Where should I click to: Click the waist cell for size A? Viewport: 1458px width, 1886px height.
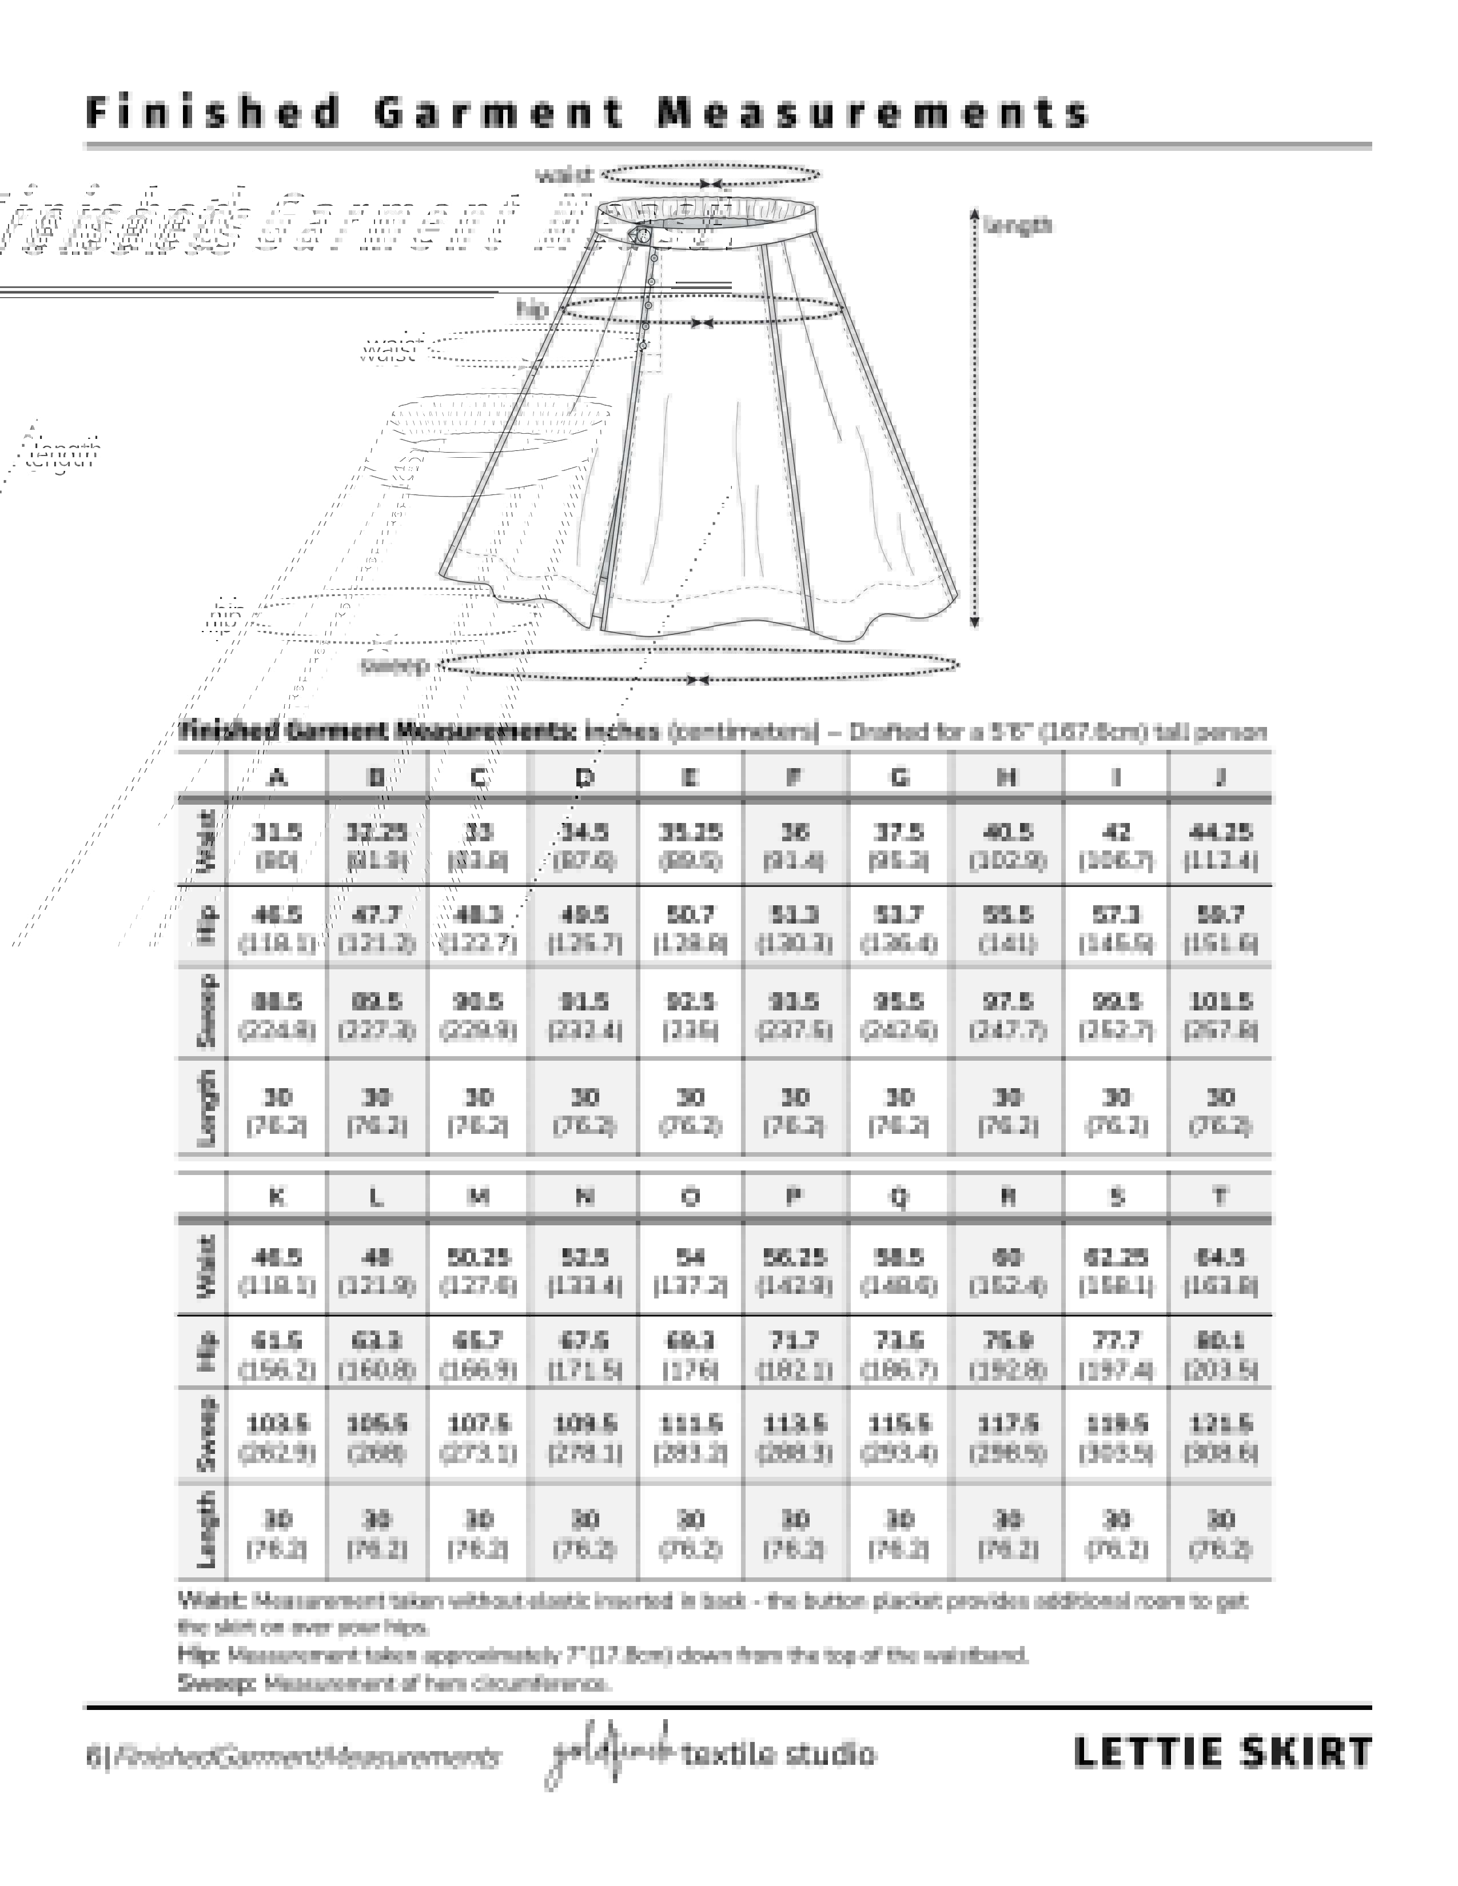click(x=276, y=845)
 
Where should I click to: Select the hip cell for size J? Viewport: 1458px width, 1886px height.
click(x=1220, y=928)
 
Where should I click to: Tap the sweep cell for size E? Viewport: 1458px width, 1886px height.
click(x=690, y=1016)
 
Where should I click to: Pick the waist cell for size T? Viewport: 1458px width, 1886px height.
click(x=1220, y=1270)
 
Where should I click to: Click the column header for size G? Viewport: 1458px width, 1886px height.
click(x=899, y=777)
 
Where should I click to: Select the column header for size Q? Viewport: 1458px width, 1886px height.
click(x=899, y=1197)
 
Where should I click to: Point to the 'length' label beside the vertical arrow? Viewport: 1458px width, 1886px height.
click(x=1018, y=225)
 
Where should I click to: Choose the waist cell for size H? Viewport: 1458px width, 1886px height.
click(x=1007, y=845)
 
